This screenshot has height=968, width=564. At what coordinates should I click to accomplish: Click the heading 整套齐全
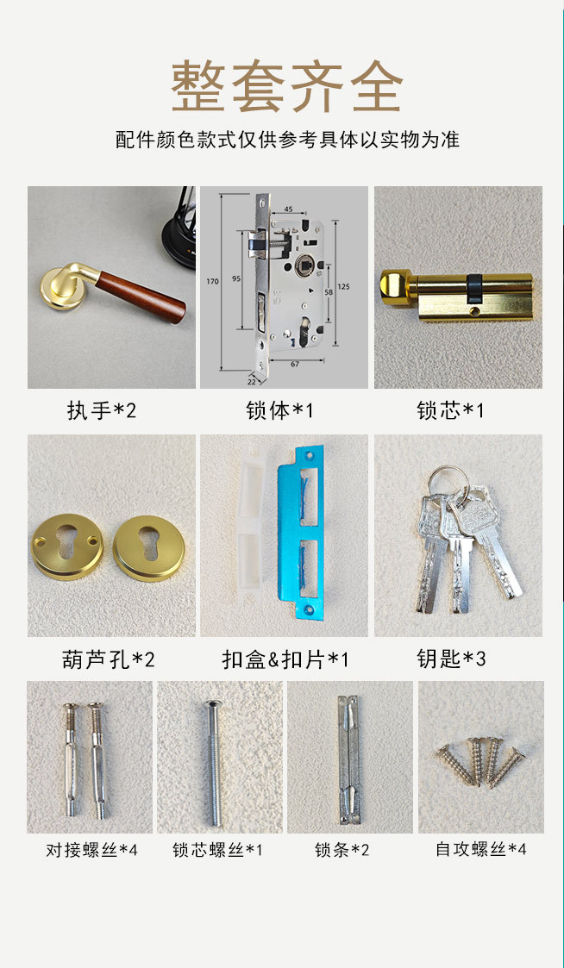click(x=286, y=86)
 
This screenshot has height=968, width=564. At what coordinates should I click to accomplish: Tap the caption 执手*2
click(x=101, y=410)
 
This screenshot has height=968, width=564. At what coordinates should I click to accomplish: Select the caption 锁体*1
click(x=279, y=410)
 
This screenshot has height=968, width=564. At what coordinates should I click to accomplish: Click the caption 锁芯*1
click(x=450, y=410)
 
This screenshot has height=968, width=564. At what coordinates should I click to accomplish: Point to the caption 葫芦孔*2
click(x=108, y=659)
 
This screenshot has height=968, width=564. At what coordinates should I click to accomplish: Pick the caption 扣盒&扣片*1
click(x=285, y=659)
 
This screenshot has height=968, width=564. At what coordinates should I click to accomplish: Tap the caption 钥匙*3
click(x=451, y=659)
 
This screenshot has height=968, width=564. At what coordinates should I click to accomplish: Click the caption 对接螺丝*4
click(x=91, y=850)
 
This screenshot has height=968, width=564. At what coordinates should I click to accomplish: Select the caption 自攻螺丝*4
click(x=481, y=849)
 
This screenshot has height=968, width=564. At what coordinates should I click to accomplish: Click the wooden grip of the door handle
click(x=141, y=297)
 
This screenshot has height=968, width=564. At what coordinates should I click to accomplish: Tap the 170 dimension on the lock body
click(x=212, y=282)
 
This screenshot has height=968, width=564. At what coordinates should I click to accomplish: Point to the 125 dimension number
click(x=345, y=286)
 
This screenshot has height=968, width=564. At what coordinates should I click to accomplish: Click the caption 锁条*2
click(x=342, y=850)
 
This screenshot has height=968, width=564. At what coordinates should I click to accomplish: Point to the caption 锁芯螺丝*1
click(x=217, y=850)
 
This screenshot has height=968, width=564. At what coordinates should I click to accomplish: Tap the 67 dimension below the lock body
click(x=295, y=364)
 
